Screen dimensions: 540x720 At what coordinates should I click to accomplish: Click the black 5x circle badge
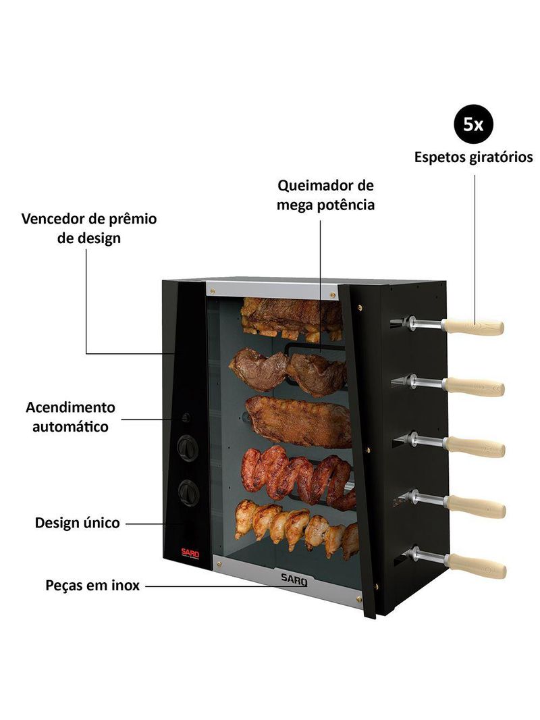pyautogui.click(x=473, y=124)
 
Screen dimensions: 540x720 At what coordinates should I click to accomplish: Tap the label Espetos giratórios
pyautogui.click(x=473, y=157)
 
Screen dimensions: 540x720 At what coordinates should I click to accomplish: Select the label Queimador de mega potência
pyautogui.click(x=325, y=195)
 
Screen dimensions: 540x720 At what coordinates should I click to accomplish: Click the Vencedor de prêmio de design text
pyautogui.click(x=89, y=228)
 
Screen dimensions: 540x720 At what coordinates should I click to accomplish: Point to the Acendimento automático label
pyautogui.click(x=70, y=417)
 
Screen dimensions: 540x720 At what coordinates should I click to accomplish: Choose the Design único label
pyautogui.click(x=77, y=523)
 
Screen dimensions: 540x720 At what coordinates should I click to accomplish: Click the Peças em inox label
pyautogui.click(x=92, y=586)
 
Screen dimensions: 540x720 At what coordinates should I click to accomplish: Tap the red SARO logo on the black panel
pyautogui.click(x=190, y=553)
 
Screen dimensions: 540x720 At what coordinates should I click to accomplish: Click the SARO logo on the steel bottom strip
pyautogui.click(x=294, y=580)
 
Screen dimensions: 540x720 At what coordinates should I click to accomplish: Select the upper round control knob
pyautogui.click(x=188, y=448)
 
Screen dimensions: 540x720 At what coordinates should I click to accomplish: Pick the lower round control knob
pyautogui.click(x=188, y=492)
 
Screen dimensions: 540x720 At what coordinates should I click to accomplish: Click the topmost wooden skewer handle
pyautogui.click(x=473, y=327)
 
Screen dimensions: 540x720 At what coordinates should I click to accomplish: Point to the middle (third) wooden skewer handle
pyautogui.click(x=475, y=446)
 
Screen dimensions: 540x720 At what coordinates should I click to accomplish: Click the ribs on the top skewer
pyautogui.click(x=292, y=319)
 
